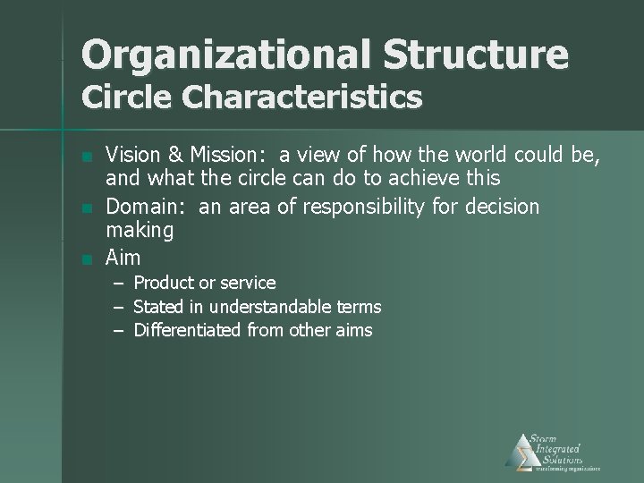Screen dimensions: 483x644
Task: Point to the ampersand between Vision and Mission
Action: [x=174, y=157]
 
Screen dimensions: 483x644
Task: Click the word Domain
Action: [x=143, y=207]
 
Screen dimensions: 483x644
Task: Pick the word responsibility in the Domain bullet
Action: [x=360, y=208]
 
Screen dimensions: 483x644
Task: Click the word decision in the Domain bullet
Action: [x=501, y=207]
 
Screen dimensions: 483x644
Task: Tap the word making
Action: [x=140, y=232]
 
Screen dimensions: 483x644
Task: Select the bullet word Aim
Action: [x=123, y=258]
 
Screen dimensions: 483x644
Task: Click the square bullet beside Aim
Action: [x=86, y=259]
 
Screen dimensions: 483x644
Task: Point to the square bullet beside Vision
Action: [x=86, y=158]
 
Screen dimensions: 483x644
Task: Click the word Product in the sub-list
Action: [x=164, y=283]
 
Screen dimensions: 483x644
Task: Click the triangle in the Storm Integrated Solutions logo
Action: [x=520, y=451]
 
